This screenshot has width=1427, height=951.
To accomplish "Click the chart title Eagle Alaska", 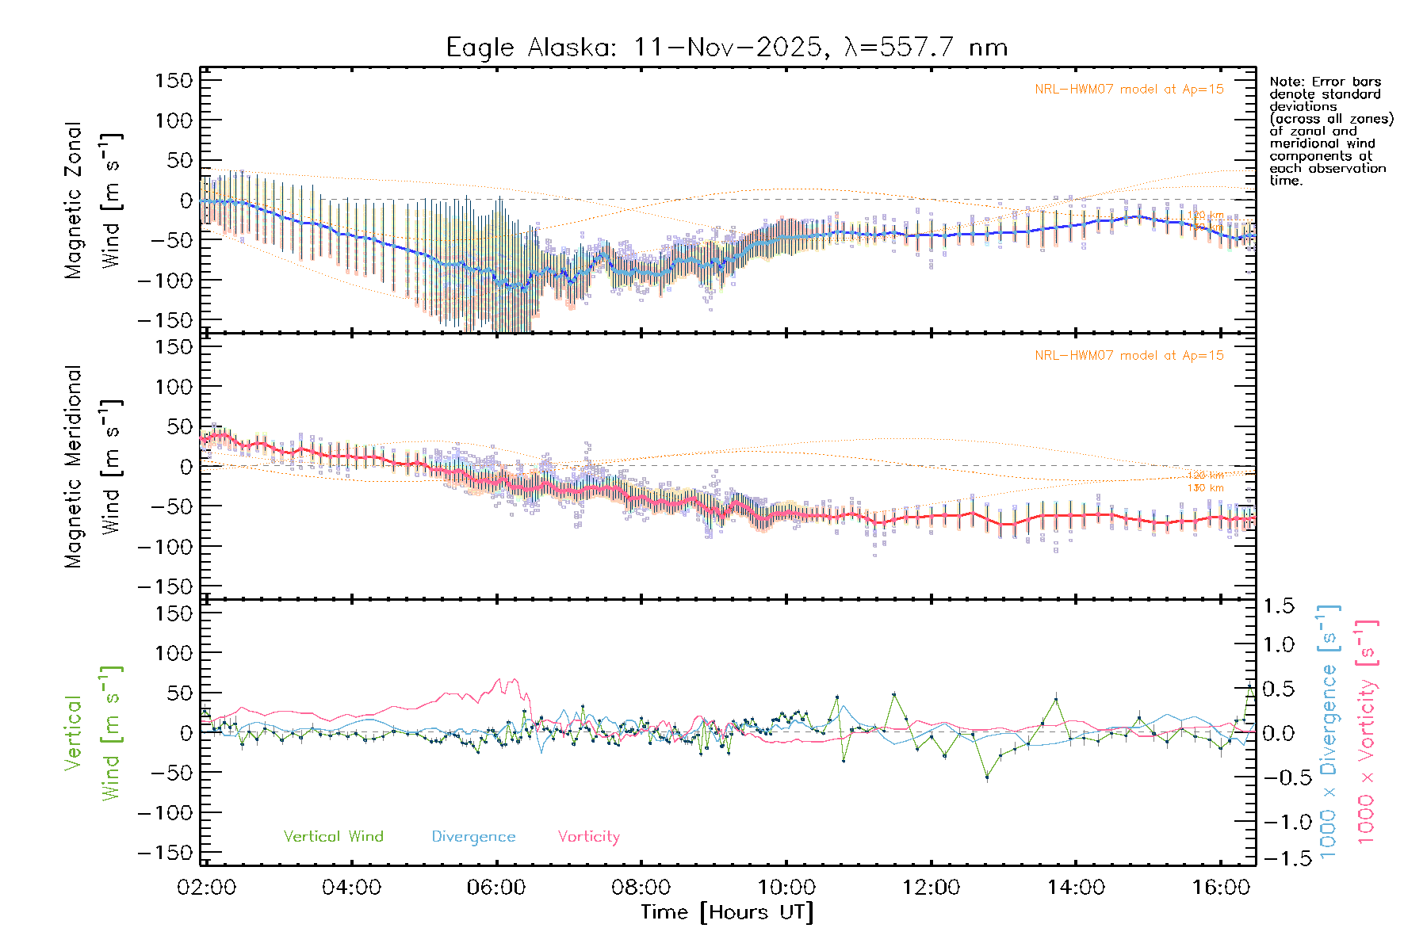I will (726, 48).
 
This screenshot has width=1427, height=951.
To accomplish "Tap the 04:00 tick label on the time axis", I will (351, 888).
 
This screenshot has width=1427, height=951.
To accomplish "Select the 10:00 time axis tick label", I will (786, 888).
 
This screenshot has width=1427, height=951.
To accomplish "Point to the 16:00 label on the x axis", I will (1221, 888).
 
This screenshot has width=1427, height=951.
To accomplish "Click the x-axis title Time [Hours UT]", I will (727, 912).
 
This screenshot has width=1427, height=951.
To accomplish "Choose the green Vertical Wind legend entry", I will (333, 837).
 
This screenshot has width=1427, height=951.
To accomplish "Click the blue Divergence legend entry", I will (473, 837).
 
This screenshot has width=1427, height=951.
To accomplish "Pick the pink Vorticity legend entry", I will (588, 837).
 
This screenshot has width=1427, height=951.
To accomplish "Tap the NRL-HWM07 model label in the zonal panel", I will (1129, 90).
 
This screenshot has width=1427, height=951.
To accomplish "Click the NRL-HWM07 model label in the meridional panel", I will (1129, 356).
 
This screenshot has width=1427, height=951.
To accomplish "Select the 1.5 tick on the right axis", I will (1279, 606).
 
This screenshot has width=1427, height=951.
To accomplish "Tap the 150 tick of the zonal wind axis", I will (174, 81).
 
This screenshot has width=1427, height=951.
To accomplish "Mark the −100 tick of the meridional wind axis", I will (166, 547).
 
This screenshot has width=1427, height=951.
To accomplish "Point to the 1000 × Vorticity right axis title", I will (1366, 731).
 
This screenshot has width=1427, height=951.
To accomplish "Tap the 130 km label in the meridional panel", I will (1205, 488).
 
